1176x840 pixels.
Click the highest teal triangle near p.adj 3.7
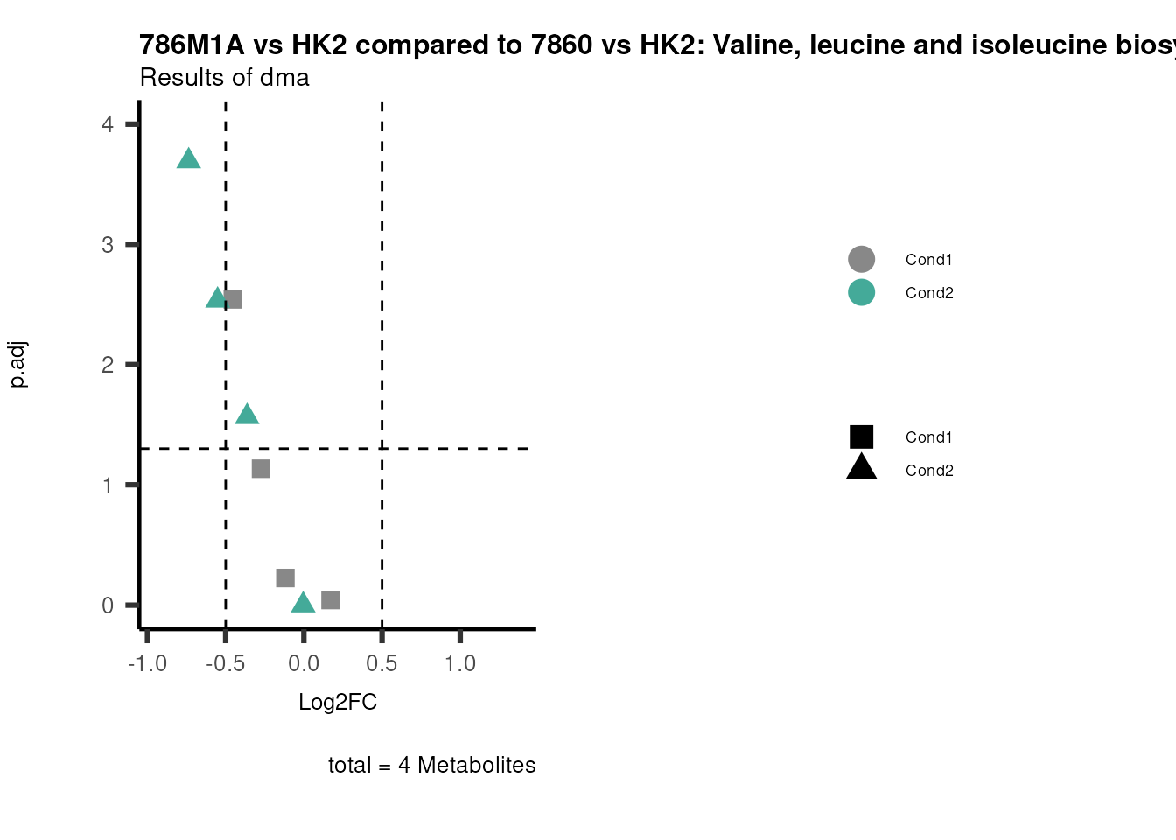pyautogui.click(x=188, y=159)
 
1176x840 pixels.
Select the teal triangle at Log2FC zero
pyautogui.click(x=303, y=602)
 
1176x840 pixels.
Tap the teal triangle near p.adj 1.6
pyautogui.click(x=247, y=415)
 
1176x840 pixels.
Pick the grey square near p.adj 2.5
pyautogui.click(x=233, y=299)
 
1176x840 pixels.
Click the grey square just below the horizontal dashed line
pyautogui.click(x=261, y=469)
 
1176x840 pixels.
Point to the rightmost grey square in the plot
pyautogui.click(x=330, y=599)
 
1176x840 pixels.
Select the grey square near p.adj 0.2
pyautogui.click(x=285, y=577)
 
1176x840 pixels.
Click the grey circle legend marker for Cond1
pyautogui.click(x=861, y=259)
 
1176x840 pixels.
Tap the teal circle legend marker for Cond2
pyautogui.click(x=861, y=292)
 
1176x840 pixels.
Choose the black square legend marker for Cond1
pyautogui.click(x=861, y=437)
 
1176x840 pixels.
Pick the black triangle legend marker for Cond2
pyautogui.click(x=861, y=468)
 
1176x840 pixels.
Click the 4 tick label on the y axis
pyautogui.click(x=108, y=124)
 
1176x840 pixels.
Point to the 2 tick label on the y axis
pyautogui.click(x=108, y=365)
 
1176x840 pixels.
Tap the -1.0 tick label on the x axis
pyautogui.click(x=147, y=663)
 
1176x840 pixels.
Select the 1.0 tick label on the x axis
pyautogui.click(x=460, y=663)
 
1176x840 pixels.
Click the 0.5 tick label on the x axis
pyautogui.click(x=381, y=663)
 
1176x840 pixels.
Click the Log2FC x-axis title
pyautogui.click(x=338, y=702)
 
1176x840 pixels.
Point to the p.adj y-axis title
pyautogui.click(x=18, y=364)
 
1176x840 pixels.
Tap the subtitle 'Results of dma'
pyautogui.click(x=224, y=78)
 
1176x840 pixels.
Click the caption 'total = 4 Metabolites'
pyautogui.click(x=431, y=765)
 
